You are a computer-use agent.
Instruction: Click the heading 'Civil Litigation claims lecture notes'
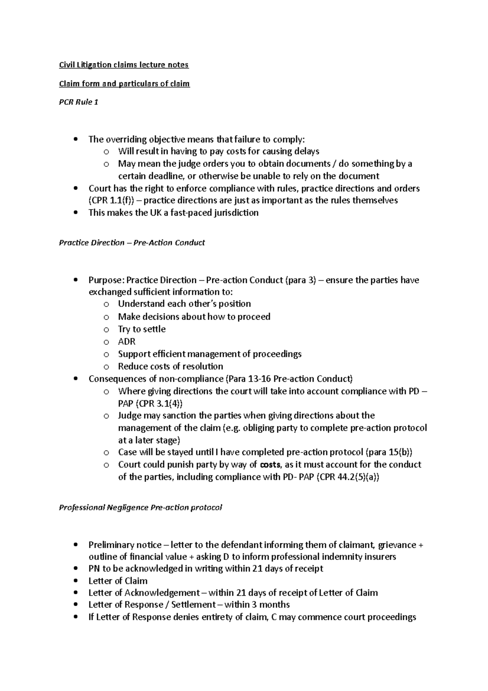(x=124, y=65)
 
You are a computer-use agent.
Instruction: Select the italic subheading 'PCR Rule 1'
(x=78, y=102)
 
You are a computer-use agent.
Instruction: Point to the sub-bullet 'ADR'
(x=126, y=341)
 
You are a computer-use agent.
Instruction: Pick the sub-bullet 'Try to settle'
(x=142, y=329)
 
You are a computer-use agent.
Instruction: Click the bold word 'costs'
(x=270, y=465)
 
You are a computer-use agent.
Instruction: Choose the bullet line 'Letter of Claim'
(x=118, y=581)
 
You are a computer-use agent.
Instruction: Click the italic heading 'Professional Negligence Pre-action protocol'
(x=140, y=507)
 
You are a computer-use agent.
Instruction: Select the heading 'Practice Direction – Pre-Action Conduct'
(x=132, y=243)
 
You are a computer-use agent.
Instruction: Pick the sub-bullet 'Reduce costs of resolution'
(x=170, y=366)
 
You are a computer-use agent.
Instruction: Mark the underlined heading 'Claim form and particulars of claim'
(x=124, y=84)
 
